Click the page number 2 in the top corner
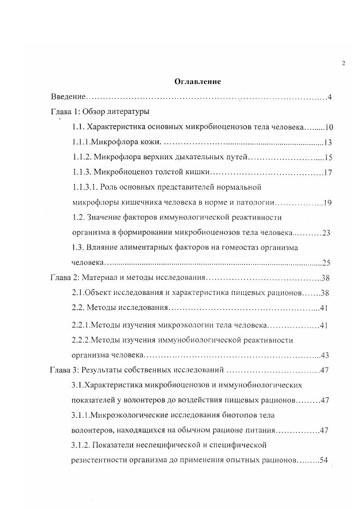point(343,63)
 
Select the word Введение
point(68,97)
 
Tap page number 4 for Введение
point(330,97)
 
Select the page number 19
point(328,202)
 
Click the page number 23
point(325,233)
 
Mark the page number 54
point(324,460)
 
